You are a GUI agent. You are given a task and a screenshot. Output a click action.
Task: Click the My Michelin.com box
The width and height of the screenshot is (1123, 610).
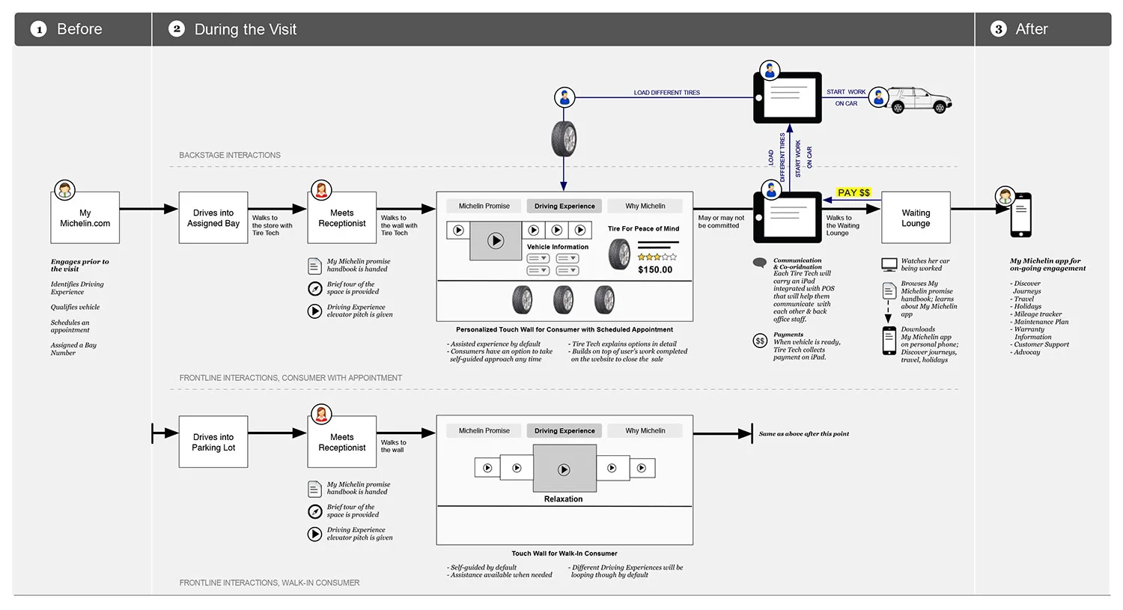[85, 218]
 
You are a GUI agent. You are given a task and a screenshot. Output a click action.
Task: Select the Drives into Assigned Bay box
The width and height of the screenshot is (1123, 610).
[213, 218]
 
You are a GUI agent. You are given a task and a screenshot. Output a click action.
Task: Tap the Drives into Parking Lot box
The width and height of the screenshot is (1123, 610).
[213, 442]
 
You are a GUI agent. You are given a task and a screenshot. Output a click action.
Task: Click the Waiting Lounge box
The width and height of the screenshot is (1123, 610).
[916, 218]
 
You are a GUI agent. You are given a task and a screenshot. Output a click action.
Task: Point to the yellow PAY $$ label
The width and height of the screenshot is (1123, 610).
[853, 192]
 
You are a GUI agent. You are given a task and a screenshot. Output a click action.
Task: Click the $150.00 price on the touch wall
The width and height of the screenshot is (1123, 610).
[655, 269]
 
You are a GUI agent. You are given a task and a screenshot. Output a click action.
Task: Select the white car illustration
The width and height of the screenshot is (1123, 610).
[919, 100]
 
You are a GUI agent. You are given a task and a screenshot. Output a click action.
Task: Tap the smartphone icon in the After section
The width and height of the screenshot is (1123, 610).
[1020, 215]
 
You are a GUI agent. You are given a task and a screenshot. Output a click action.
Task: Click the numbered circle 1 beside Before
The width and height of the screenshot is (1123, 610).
[39, 29]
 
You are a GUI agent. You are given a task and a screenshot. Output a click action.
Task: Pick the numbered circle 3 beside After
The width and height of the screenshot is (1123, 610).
[998, 29]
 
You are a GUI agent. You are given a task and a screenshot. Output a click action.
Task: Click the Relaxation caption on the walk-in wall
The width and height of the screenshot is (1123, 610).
[563, 499]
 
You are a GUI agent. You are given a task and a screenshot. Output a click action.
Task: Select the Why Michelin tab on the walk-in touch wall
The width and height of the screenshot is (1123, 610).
[645, 430]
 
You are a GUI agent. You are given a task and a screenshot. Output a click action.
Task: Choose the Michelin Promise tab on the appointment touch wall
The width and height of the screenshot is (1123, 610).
[484, 206]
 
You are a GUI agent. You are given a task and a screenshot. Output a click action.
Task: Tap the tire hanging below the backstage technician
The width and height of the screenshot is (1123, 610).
[564, 139]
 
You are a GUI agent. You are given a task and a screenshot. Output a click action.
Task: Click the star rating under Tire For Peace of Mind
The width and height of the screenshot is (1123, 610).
[657, 257]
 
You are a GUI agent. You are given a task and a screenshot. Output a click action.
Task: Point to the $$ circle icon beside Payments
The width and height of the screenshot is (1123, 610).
[760, 341]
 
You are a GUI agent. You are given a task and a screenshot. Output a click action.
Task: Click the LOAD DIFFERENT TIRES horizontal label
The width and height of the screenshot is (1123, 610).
[666, 93]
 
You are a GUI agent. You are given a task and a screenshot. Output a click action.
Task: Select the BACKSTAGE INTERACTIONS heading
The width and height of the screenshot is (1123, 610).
[230, 156]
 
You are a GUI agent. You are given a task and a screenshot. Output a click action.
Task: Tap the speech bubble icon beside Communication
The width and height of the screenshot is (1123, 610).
[760, 263]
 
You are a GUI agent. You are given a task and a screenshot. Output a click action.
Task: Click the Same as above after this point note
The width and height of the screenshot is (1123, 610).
[803, 434]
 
